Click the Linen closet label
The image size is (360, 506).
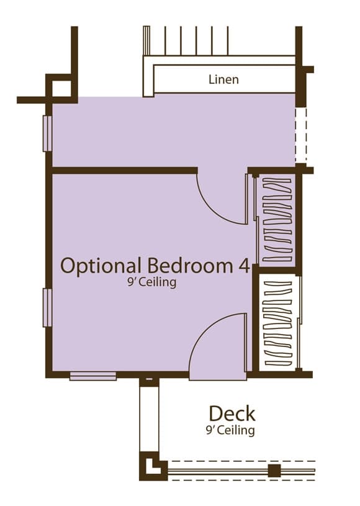coord(223,79)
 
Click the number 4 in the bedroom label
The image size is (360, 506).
coord(243,266)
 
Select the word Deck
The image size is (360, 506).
coord(232,413)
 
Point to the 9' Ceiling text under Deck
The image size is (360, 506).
coord(230,430)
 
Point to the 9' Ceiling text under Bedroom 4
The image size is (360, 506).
coord(152,282)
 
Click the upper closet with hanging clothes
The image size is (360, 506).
coord(277,219)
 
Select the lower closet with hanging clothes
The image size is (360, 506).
coord(277,323)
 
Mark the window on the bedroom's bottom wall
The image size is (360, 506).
coord(93,376)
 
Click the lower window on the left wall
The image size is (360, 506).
coord(47,307)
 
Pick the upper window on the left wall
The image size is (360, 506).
coord(47,133)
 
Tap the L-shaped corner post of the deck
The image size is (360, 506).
coord(153,467)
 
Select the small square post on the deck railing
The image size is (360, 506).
coord(274,471)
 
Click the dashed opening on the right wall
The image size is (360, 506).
coord(301,135)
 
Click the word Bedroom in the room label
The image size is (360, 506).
coord(189,266)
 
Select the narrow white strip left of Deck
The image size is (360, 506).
coord(150,419)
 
